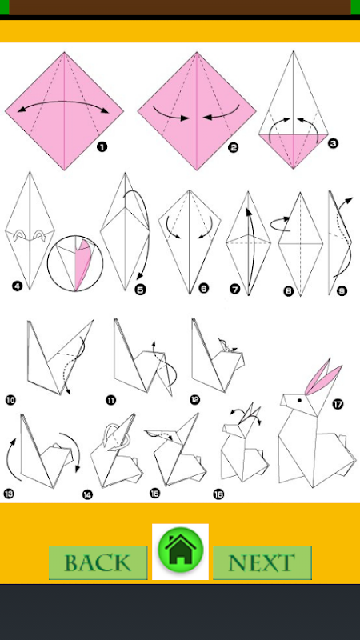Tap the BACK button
click(98, 562)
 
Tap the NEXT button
click(262, 562)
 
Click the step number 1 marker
click(102, 146)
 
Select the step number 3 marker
click(333, 143)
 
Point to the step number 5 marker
click(141, 290)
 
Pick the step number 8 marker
click(289, 291)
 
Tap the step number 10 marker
click(10, 400)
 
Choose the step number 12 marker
click(195, 399)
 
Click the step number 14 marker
click(87, 494)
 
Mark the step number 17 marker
click(338, 404)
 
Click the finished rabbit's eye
click(299, 401)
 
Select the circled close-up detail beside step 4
click(75, 263)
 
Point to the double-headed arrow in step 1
click(65, 102)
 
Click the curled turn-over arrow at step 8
click(279, 222)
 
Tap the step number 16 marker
click(218, 494)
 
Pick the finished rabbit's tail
click(342, 441)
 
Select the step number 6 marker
click(203, 289)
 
